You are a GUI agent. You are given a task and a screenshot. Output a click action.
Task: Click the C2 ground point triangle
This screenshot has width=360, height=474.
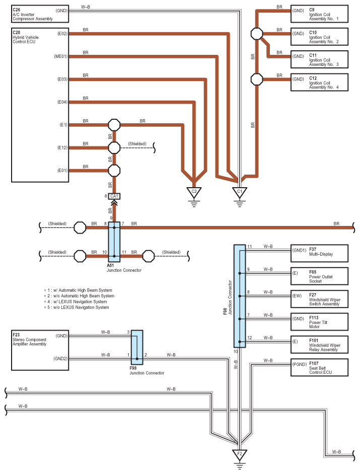(194, 192)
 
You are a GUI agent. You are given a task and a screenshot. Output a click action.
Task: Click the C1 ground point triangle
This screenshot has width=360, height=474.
(240, 192)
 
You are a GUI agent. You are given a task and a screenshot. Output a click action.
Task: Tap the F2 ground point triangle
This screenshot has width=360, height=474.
(240, 454)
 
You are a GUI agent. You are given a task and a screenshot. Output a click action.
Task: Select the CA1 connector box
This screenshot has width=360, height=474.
(114, 196)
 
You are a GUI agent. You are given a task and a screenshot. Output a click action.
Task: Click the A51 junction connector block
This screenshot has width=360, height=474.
(114, 242)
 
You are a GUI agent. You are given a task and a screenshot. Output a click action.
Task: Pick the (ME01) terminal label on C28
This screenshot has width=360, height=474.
(60, 56)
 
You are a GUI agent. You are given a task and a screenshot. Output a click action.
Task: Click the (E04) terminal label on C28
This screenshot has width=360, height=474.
(62, 102)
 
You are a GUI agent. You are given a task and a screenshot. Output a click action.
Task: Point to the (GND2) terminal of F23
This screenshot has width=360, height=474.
(60, 359)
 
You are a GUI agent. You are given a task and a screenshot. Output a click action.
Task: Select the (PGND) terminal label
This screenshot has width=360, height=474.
(300, 364)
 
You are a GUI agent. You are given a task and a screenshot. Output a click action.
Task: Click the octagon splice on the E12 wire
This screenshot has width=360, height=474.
(114, 148)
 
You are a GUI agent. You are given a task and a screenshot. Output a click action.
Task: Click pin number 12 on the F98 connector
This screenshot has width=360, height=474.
(249, 338)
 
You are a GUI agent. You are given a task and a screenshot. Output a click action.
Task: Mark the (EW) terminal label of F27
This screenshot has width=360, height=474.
(297, 296)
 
